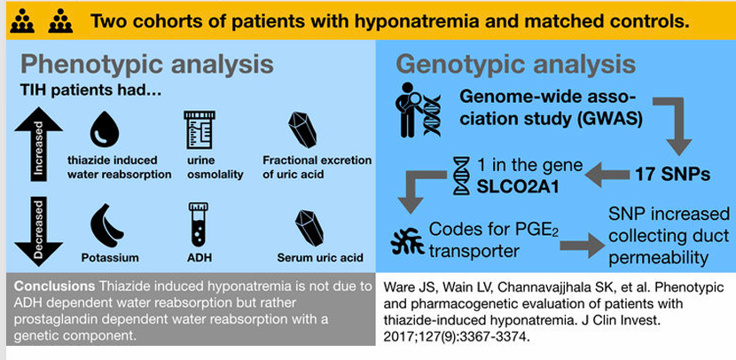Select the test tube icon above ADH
point(200,223)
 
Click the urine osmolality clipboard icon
point(199,129)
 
